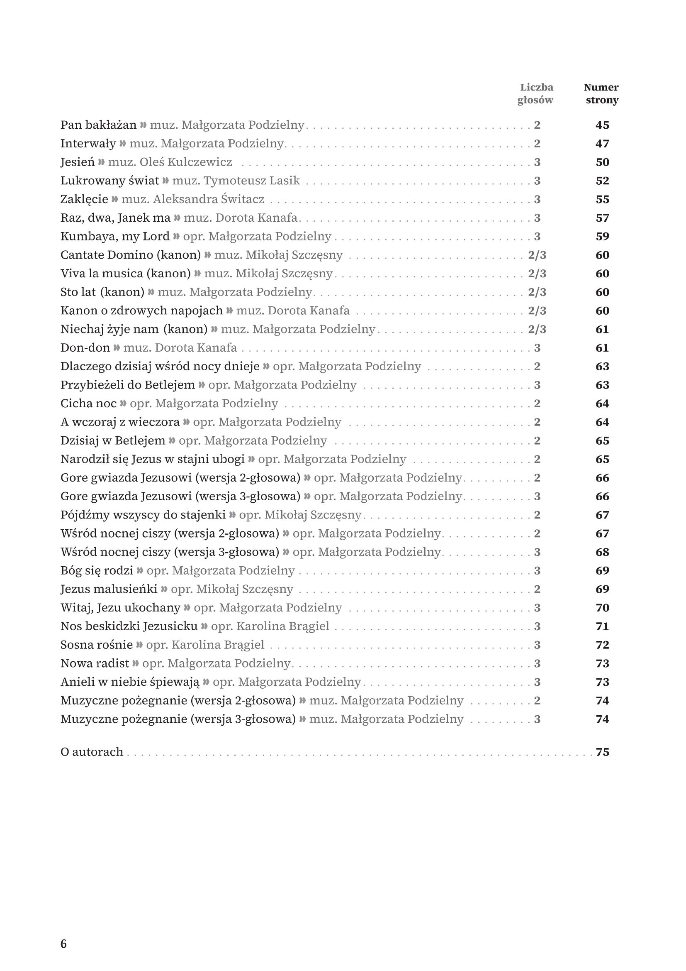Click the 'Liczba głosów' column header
coord(535,93)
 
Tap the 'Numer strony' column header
coord(601,93)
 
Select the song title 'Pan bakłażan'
coord(98,125)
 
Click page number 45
coord(602,125)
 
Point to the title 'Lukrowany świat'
coord(109,181)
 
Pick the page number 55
coord(602,200)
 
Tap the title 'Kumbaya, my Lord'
coord(114,236)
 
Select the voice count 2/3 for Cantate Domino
coord(537,255)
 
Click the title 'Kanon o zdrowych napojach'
coord(141,311)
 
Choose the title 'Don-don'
coord(85,348)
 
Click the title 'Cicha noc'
coord(88,404)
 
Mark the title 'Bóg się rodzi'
coord(97,571)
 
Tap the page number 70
coord(602,608)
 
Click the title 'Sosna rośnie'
coord(96,646)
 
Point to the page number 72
coord(602,646)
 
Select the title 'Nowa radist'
coord(95,663)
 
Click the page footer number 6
coord(64,944)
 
